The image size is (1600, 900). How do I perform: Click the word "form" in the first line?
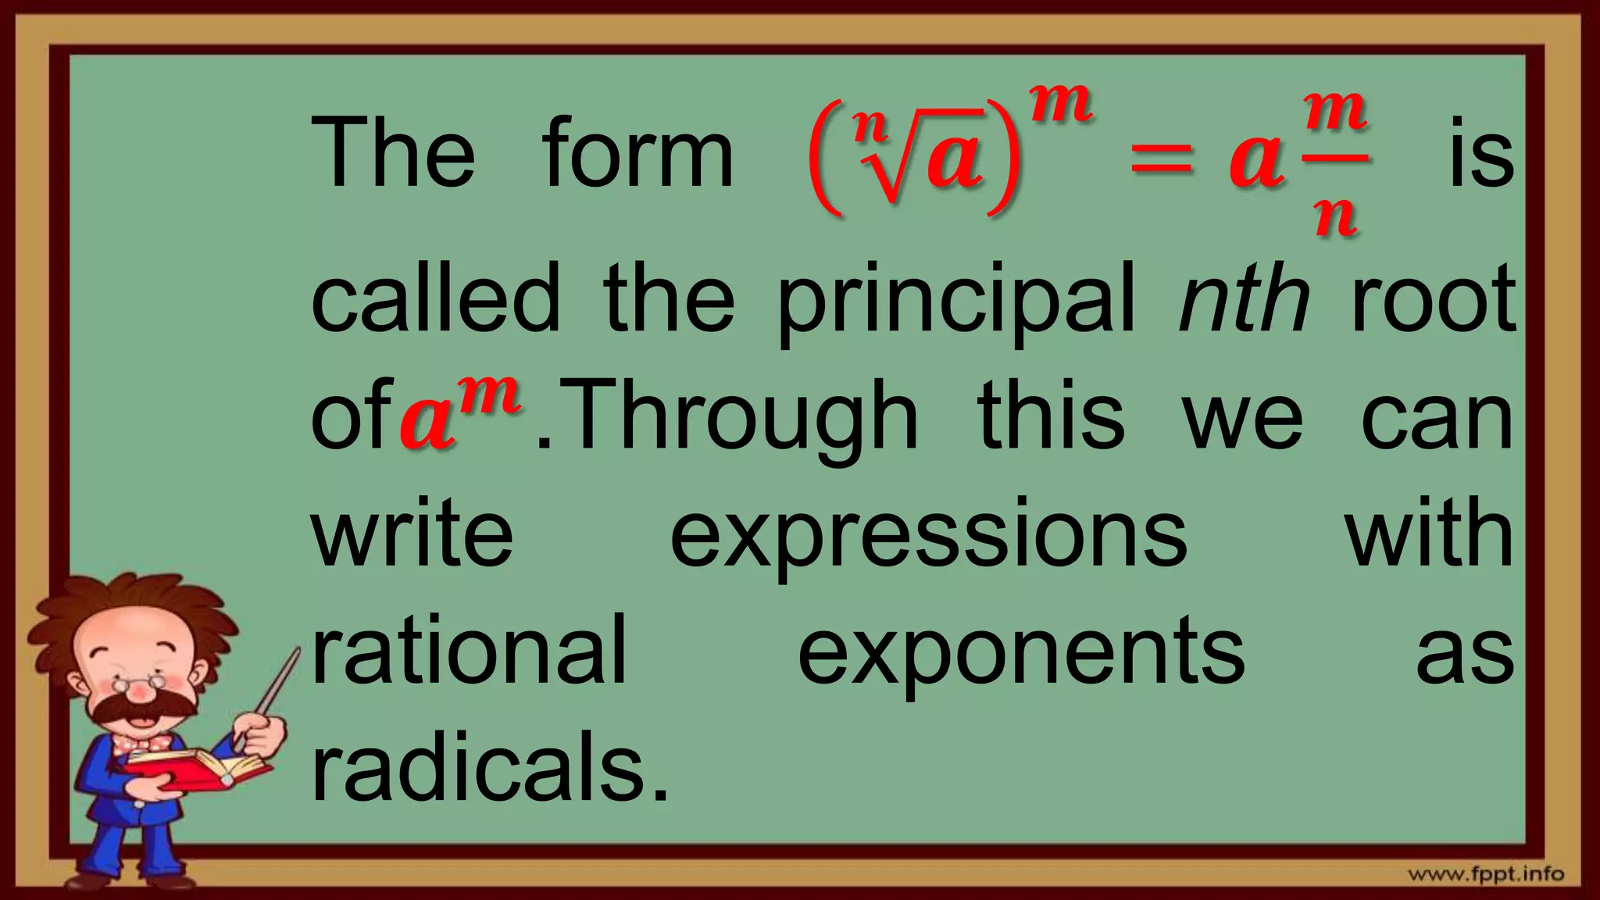pyautogui.click(x=637, y=152)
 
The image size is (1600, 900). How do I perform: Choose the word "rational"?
pyautogui.click(x=469, y=650)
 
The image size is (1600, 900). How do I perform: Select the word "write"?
pyautogui.click(x=412, y=534)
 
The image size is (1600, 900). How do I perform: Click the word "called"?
pyautogui.click(x=435, y=299)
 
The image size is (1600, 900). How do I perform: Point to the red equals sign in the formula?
pyautogui.click(x=1162, y=160)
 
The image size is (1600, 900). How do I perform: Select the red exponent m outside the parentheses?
pyautogui.click(x=1060, y=103)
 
